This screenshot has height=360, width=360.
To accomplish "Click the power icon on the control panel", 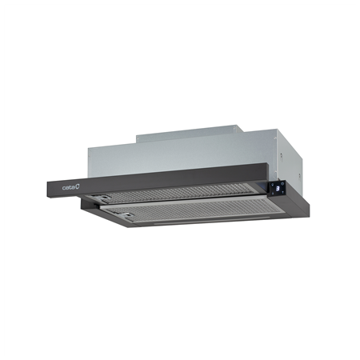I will (x=282, y=183).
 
